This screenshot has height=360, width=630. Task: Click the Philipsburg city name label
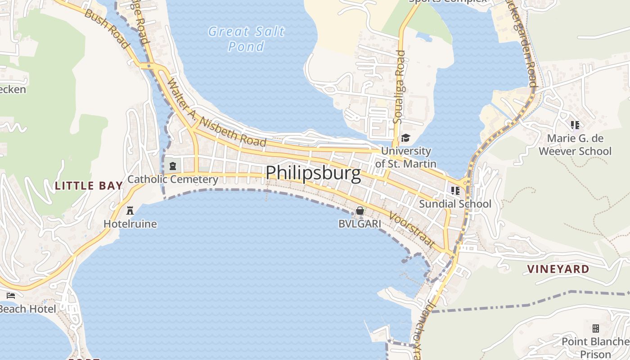pyautogui.click(x=313, y=173)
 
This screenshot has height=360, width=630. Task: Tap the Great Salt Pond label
pyautogui.click(x=246, y=39)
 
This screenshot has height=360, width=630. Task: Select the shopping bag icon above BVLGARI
pyautogui.click(x=360, y=211)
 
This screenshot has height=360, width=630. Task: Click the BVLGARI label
pyautogui.click(x=360, y=224)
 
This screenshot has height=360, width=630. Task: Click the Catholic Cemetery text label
pyautogui.click(x=173, y=180)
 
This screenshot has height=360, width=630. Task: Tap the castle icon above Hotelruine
pyautogui.click(x=130, y=210)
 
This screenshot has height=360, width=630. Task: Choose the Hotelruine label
pyautogui.click(x=130, y=224)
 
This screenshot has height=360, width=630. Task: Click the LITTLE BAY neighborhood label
pyautogui.click(x=89, y=185)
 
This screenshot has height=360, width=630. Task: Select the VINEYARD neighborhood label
pyautogui.click(x=558, y=269)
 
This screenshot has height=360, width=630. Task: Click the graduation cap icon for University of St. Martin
pyautogui.click(x=405, y=138)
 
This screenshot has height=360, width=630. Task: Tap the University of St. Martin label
pyautogui.click(x=406, y=157)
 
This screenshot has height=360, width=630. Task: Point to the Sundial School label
pyautogui.click(x=455, y=204)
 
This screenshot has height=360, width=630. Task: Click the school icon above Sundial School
pyautogui.click(x=455, y=191)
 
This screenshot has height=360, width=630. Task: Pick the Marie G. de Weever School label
pyautogui.click(x=575, y=144)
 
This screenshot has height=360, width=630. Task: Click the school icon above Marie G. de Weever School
pyautogui.click(x=575, y=125)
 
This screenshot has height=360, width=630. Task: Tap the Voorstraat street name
pyautogui.click(x=412, y=230)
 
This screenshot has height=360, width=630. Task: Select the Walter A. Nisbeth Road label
pyautogui.click(x=216, y=113)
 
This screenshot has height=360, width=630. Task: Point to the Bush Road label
pyautogui.click(x=107, y=29)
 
